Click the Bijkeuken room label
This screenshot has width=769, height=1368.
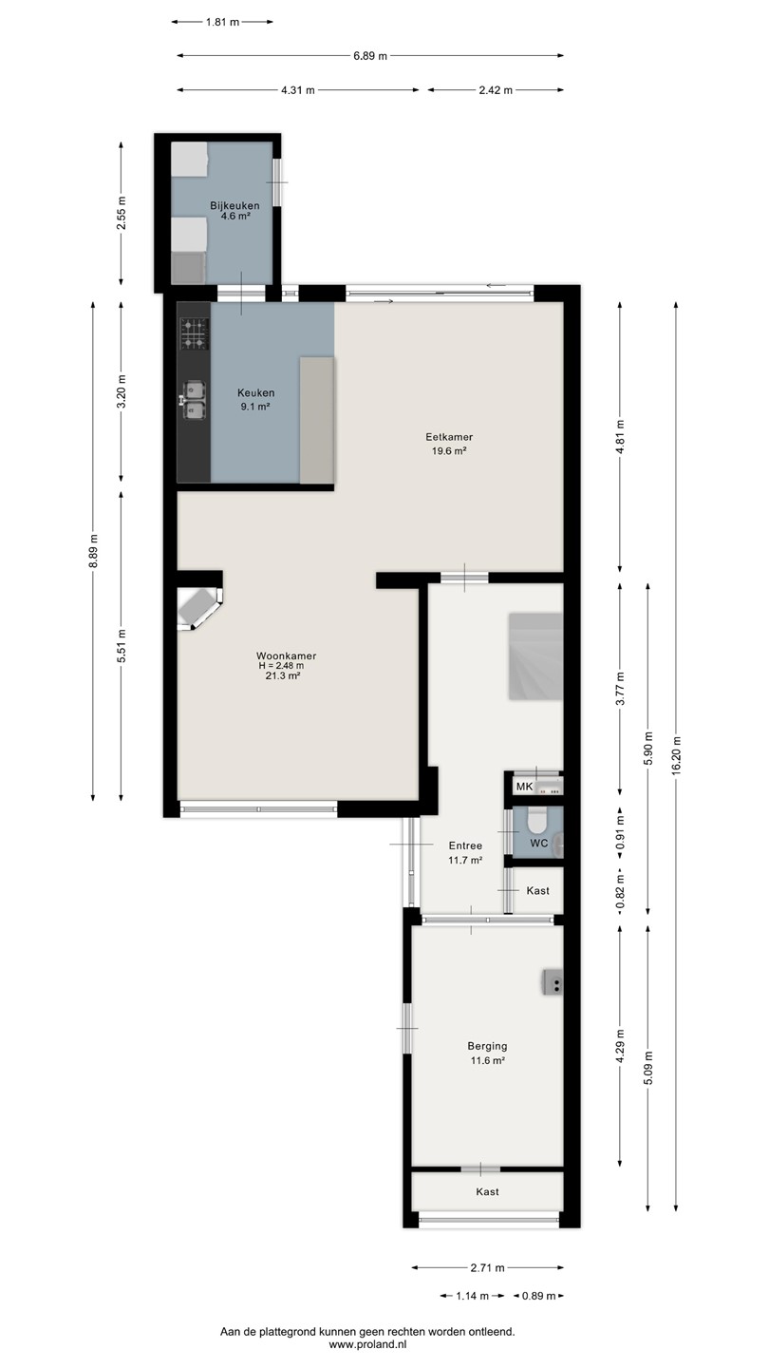[235, 206]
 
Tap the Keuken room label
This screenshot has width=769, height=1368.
[255, 392]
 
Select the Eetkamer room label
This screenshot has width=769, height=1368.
[449, 437]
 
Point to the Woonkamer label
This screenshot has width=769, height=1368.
[287, 655]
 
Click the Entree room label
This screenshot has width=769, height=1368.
[465, 845]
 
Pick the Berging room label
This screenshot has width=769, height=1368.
[488, 1046]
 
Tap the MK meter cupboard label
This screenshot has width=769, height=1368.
[524, 787]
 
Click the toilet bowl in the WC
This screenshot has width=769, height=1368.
[537, 820]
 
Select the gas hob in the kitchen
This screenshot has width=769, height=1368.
[194, 334]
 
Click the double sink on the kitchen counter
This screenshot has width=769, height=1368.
[194, 401]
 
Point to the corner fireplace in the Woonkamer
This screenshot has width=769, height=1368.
[199, 608]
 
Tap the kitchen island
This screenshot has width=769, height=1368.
[317, 420]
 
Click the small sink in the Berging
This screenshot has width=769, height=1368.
[553, 982]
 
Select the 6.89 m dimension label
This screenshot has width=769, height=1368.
[370, 56]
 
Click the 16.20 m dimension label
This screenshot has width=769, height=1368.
[676, 756]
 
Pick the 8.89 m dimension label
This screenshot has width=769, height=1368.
[93, 551]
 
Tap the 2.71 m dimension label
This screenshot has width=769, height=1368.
[488, 1268]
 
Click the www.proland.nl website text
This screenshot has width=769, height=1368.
[368, 1344]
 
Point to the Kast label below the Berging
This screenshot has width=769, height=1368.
[488, 1191]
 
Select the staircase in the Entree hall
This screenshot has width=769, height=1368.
[535, 656]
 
